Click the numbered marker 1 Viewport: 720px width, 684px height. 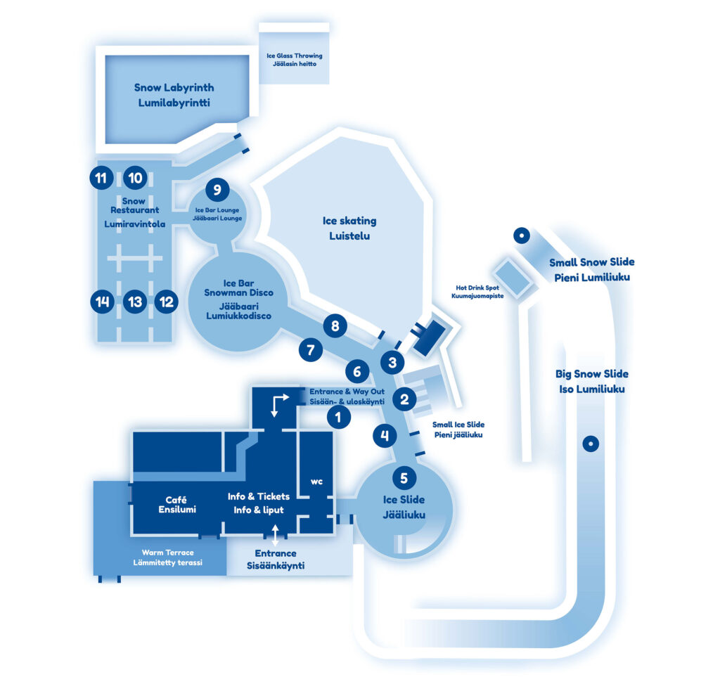point(338,417)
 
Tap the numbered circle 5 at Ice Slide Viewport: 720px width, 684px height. point(404,478)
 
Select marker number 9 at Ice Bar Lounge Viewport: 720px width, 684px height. point(217,190)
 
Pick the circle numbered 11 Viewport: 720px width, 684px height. point(101,178)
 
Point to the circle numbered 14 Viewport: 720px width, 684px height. point(103,302)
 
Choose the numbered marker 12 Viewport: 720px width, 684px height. point(166,302)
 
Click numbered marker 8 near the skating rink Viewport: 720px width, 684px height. point(335,325)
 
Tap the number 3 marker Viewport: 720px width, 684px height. point(392,363)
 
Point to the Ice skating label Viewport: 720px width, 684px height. point(349,228)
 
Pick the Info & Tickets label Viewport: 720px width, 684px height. point(258,503)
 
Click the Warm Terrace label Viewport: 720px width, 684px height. point(167,557)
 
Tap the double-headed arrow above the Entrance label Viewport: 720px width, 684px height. point(275,535)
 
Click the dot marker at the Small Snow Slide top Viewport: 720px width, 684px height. point(521,236)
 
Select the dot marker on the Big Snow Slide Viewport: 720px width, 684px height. point(591,444)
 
